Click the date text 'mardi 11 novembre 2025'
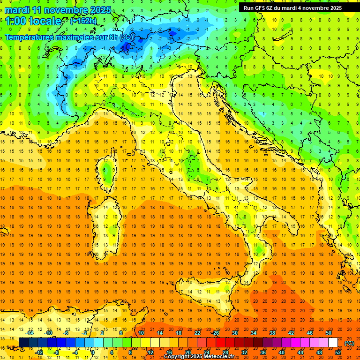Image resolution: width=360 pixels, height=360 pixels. click(58, 10)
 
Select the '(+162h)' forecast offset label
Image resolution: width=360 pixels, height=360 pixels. click(83, 21)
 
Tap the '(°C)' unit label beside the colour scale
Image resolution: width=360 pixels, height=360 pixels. click(349, 343)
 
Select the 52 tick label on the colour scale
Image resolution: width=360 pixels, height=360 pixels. click(338, 352)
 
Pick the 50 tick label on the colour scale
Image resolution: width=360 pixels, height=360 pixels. click(329, 333)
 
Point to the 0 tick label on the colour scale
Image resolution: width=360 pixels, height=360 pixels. click(93, 352)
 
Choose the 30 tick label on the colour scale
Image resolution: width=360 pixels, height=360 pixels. click(234, 333)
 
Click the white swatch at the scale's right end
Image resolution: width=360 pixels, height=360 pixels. click(333, 343)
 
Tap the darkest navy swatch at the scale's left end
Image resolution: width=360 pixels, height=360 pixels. click(23, 343)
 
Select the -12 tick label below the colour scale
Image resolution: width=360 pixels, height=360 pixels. click(39, 352)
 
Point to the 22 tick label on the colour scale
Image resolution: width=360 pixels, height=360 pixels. click(197, 333)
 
